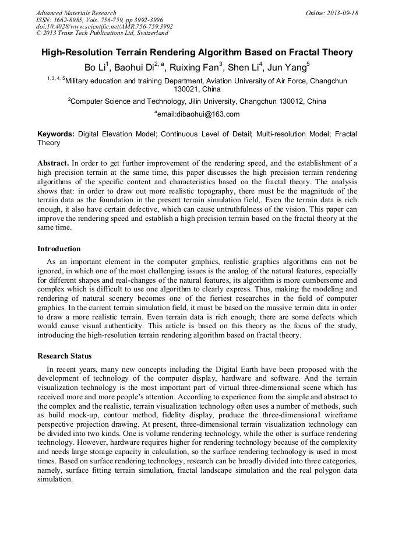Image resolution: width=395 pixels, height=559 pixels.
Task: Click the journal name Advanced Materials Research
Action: pyautogui.click(x=76, y=13)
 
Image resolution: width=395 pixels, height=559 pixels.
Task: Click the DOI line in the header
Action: pyautogui.click(x=104, y=26)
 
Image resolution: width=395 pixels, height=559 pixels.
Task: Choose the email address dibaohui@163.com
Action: pyautogui.click(x=198, y=114)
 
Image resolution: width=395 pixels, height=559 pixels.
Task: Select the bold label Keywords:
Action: pyautogui.click(x=56, y=134)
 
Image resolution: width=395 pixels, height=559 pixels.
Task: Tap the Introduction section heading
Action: pyautogui.click(x=59, y=249)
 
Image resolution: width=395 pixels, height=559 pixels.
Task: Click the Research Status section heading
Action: pyautogui.click(x=64, y=356)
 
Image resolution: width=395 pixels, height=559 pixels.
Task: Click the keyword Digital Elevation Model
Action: pyautogui.click(x=117, y=134)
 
